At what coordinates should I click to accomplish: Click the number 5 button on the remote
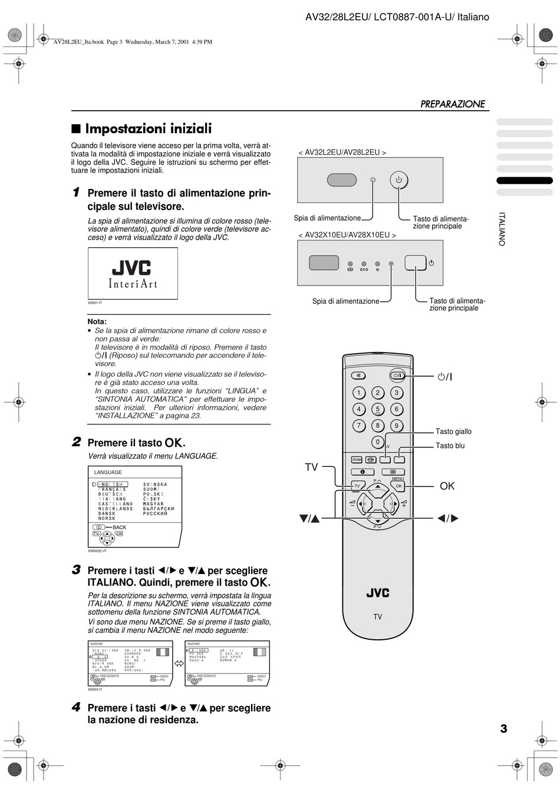click(377, 409)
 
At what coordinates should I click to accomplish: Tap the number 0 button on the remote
click(377, 441)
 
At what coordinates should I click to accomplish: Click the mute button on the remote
click(358, 376)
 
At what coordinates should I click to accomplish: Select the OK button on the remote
click(399, 486)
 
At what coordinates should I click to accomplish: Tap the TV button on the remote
click(357, 486)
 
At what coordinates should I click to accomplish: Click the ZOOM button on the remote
click(357, 460)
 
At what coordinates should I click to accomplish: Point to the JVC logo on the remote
click(377, 593)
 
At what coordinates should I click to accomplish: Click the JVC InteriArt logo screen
click(133, 274)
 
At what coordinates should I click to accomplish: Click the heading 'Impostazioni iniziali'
click(148, 128)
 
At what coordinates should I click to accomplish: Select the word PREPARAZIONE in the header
click(453, 104)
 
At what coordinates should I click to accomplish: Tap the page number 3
click(503, 729)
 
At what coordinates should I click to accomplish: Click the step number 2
click(76, 441)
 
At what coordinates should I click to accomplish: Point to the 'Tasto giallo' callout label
click(453, 431)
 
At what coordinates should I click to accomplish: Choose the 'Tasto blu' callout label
click(450, 446)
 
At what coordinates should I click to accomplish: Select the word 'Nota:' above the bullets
click(97, 321)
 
